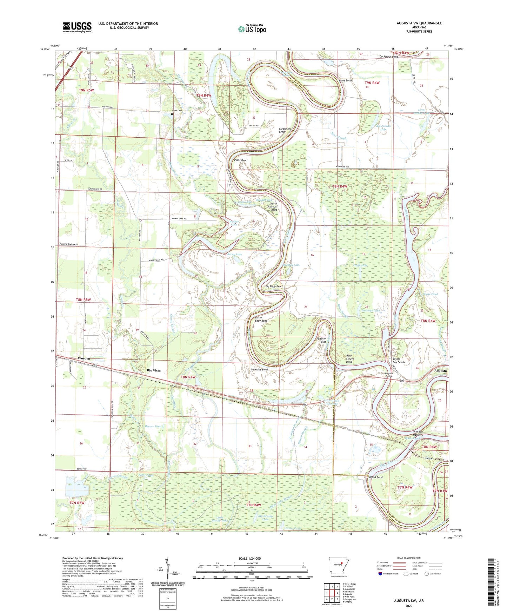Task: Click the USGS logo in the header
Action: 77,27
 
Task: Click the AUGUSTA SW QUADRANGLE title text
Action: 419,23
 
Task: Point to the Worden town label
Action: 84,358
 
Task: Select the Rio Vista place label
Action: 154,370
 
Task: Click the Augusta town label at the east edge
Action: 441,371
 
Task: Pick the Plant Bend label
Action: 241,160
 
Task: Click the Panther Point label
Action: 321,340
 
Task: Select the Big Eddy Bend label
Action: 274,286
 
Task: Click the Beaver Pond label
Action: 153,426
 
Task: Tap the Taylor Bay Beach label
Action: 398,361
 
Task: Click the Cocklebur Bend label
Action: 388,57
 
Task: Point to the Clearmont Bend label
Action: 285,130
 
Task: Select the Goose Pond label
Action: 430,294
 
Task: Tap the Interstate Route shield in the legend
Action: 380,574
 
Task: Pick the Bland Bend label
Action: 376,477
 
